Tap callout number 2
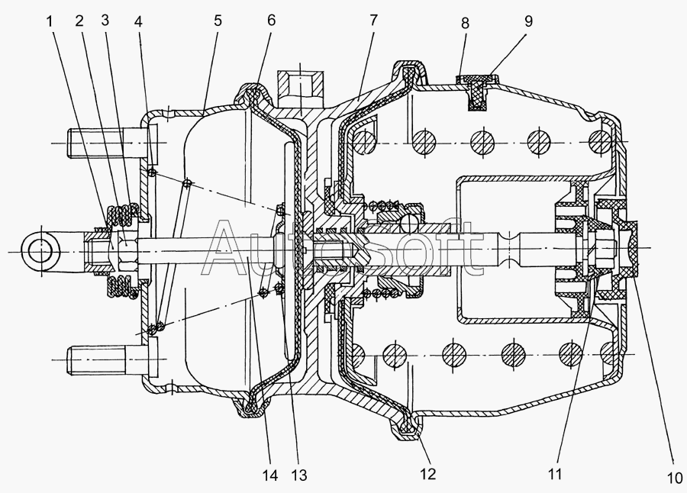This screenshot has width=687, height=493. pyautogui.click(x=79, y=21)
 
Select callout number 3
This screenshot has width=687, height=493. pyautogui.click(x=105, y=20)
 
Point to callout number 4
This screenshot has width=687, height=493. pyautogui.click(x=138, y=21)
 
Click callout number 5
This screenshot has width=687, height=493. pyautogui.click(x=218, y=21)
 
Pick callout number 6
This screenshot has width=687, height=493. pyautogui.click(x=271, y=20)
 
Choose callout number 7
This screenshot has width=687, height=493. pyautogui.click(x=373, y=20)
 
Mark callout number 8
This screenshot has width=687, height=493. pyautogui.click(x=465, y=23)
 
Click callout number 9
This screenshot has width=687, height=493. pyautogui.click(x=528, y=21)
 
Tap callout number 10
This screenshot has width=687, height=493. pyautogui.click(x=675, y=478)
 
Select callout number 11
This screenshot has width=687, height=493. pyautogui.click(x=554, y=474)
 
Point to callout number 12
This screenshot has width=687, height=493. pyautogui.click(x=427, y=474)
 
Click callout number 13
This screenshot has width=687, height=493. pyautogui.click(x=298, y=475)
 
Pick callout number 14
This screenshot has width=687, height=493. pyautogui.click(x=270, y=475)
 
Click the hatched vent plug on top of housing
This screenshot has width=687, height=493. pyautogui.click(x=476, y=91)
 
